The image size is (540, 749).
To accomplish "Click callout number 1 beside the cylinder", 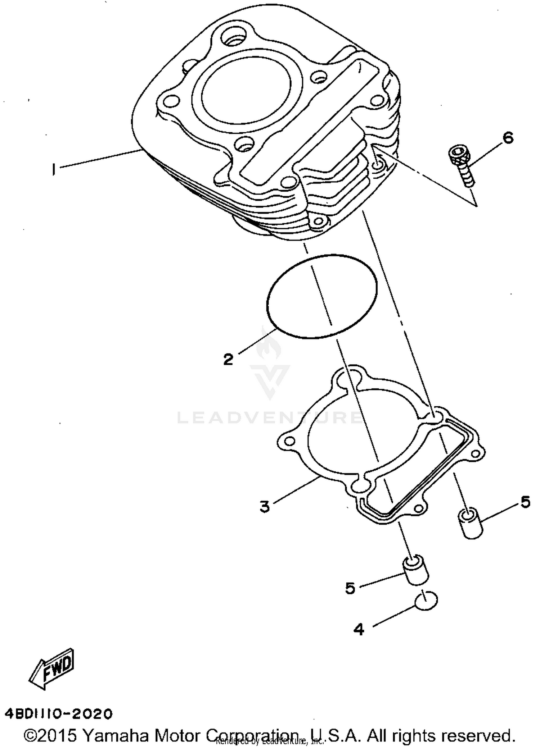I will [54, 169].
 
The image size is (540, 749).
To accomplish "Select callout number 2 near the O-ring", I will [228, 359].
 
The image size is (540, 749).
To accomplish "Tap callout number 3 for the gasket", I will [265, 507].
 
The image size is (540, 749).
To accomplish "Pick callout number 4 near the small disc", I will [359, 629].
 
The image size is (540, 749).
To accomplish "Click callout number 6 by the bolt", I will [508, 138].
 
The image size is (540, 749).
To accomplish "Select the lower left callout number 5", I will [350, 588].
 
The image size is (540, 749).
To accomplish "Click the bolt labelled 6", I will [461, 165].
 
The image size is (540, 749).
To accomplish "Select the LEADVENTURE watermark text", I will [270, 418].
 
